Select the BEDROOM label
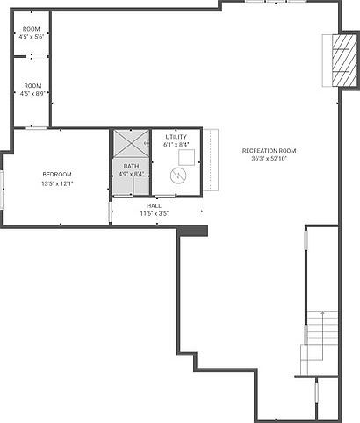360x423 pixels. pyautogui.click(x=57, y=175)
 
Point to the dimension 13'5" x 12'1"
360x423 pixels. pyautogui.click(x=57, y=183)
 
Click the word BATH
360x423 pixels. pyautogui.click(x=130, y=166)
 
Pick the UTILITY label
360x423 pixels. pyautogui.click(x=175, y=137)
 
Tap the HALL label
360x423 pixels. pyautogui.click(x=154, y=205)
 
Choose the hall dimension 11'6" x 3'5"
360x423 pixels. pyautogui.click(x=154, y=213)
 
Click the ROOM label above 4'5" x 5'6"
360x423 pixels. pyautogui.click(x=32, y=29)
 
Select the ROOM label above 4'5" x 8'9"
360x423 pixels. pyautogui.click(x=32, y=85)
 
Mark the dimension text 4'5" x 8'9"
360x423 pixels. pyautogui.click(x=32, y=93)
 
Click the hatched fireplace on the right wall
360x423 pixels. pyautogui.click(x=341, y=61)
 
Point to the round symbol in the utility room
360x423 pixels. pyautogui.click(x=179, y=176)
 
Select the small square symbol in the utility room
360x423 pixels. pyautogui.click(x=186, y=156)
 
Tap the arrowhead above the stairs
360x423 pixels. pyautogui.click(x=323, y=312)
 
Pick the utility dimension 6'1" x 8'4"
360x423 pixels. pyautogui.click(x=175, y=145)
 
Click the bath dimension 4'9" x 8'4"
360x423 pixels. pyautogui.click(x=130, y=174)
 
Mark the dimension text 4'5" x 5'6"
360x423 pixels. pyautogui.click(x=32, y=37)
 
